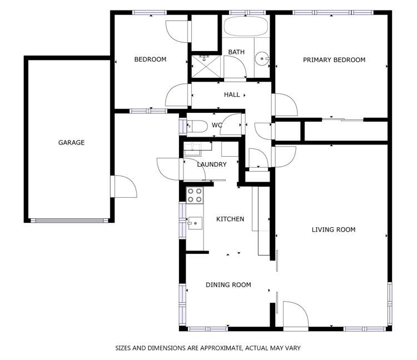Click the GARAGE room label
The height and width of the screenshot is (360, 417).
72,143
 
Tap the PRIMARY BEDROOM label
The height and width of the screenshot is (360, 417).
334,60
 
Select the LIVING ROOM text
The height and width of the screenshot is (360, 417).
333,229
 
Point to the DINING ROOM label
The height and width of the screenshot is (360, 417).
228,285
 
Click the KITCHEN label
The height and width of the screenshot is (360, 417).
230,219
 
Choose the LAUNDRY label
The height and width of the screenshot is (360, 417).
212,165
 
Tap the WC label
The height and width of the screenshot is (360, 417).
217,126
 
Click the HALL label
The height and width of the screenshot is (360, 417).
232,95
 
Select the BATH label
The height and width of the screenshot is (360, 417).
236,53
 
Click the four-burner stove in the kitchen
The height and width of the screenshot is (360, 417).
195,195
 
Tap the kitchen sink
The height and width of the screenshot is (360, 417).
195,223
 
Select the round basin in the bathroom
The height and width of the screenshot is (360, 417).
262,58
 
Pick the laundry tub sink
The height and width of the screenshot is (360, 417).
192,147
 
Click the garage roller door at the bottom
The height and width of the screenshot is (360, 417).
69,221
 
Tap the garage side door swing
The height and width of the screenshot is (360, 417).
123,186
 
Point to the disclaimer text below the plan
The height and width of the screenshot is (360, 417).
207,348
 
